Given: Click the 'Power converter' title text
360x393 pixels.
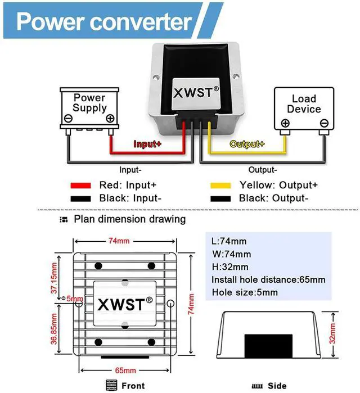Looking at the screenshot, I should click(x=104, y=21).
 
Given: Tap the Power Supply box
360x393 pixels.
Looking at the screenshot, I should click(x=89, y=108).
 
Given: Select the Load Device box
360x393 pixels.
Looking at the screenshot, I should click(x=304, y=108).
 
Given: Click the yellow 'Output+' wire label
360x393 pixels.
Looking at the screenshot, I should click(x=247, y=144).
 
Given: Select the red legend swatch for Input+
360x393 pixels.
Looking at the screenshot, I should click(x=80, y=185).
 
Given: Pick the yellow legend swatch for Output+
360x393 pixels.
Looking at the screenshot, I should click(x=220, y=185).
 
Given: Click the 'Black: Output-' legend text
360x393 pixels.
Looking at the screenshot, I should click(x=273, y=198).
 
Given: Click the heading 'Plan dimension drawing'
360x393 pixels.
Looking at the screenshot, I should click(x=130, y=219).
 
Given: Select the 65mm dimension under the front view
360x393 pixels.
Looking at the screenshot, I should click(x=125, y=371).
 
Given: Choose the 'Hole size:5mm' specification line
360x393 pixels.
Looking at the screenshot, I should click(x=245, y=292).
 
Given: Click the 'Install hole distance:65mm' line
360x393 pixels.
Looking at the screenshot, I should click(x=268, y=279).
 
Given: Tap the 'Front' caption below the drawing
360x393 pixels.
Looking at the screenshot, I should click(x=133, y=386).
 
